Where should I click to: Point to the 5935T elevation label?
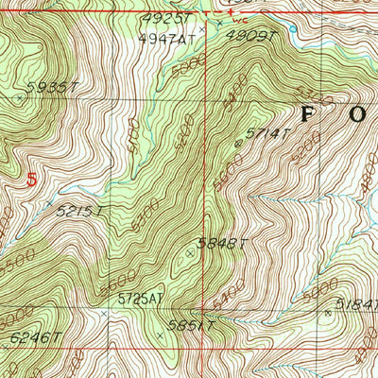(x=51, y=88)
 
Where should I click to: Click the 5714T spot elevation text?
(x=266, y=134)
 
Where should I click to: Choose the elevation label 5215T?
(x=79, y=211)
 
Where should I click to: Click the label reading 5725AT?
(x=141, y=299)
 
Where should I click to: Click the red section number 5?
(x=34, y=179)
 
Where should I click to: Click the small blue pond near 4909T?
(x=294, y=31)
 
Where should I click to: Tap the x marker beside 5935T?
(x=19, y=96)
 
